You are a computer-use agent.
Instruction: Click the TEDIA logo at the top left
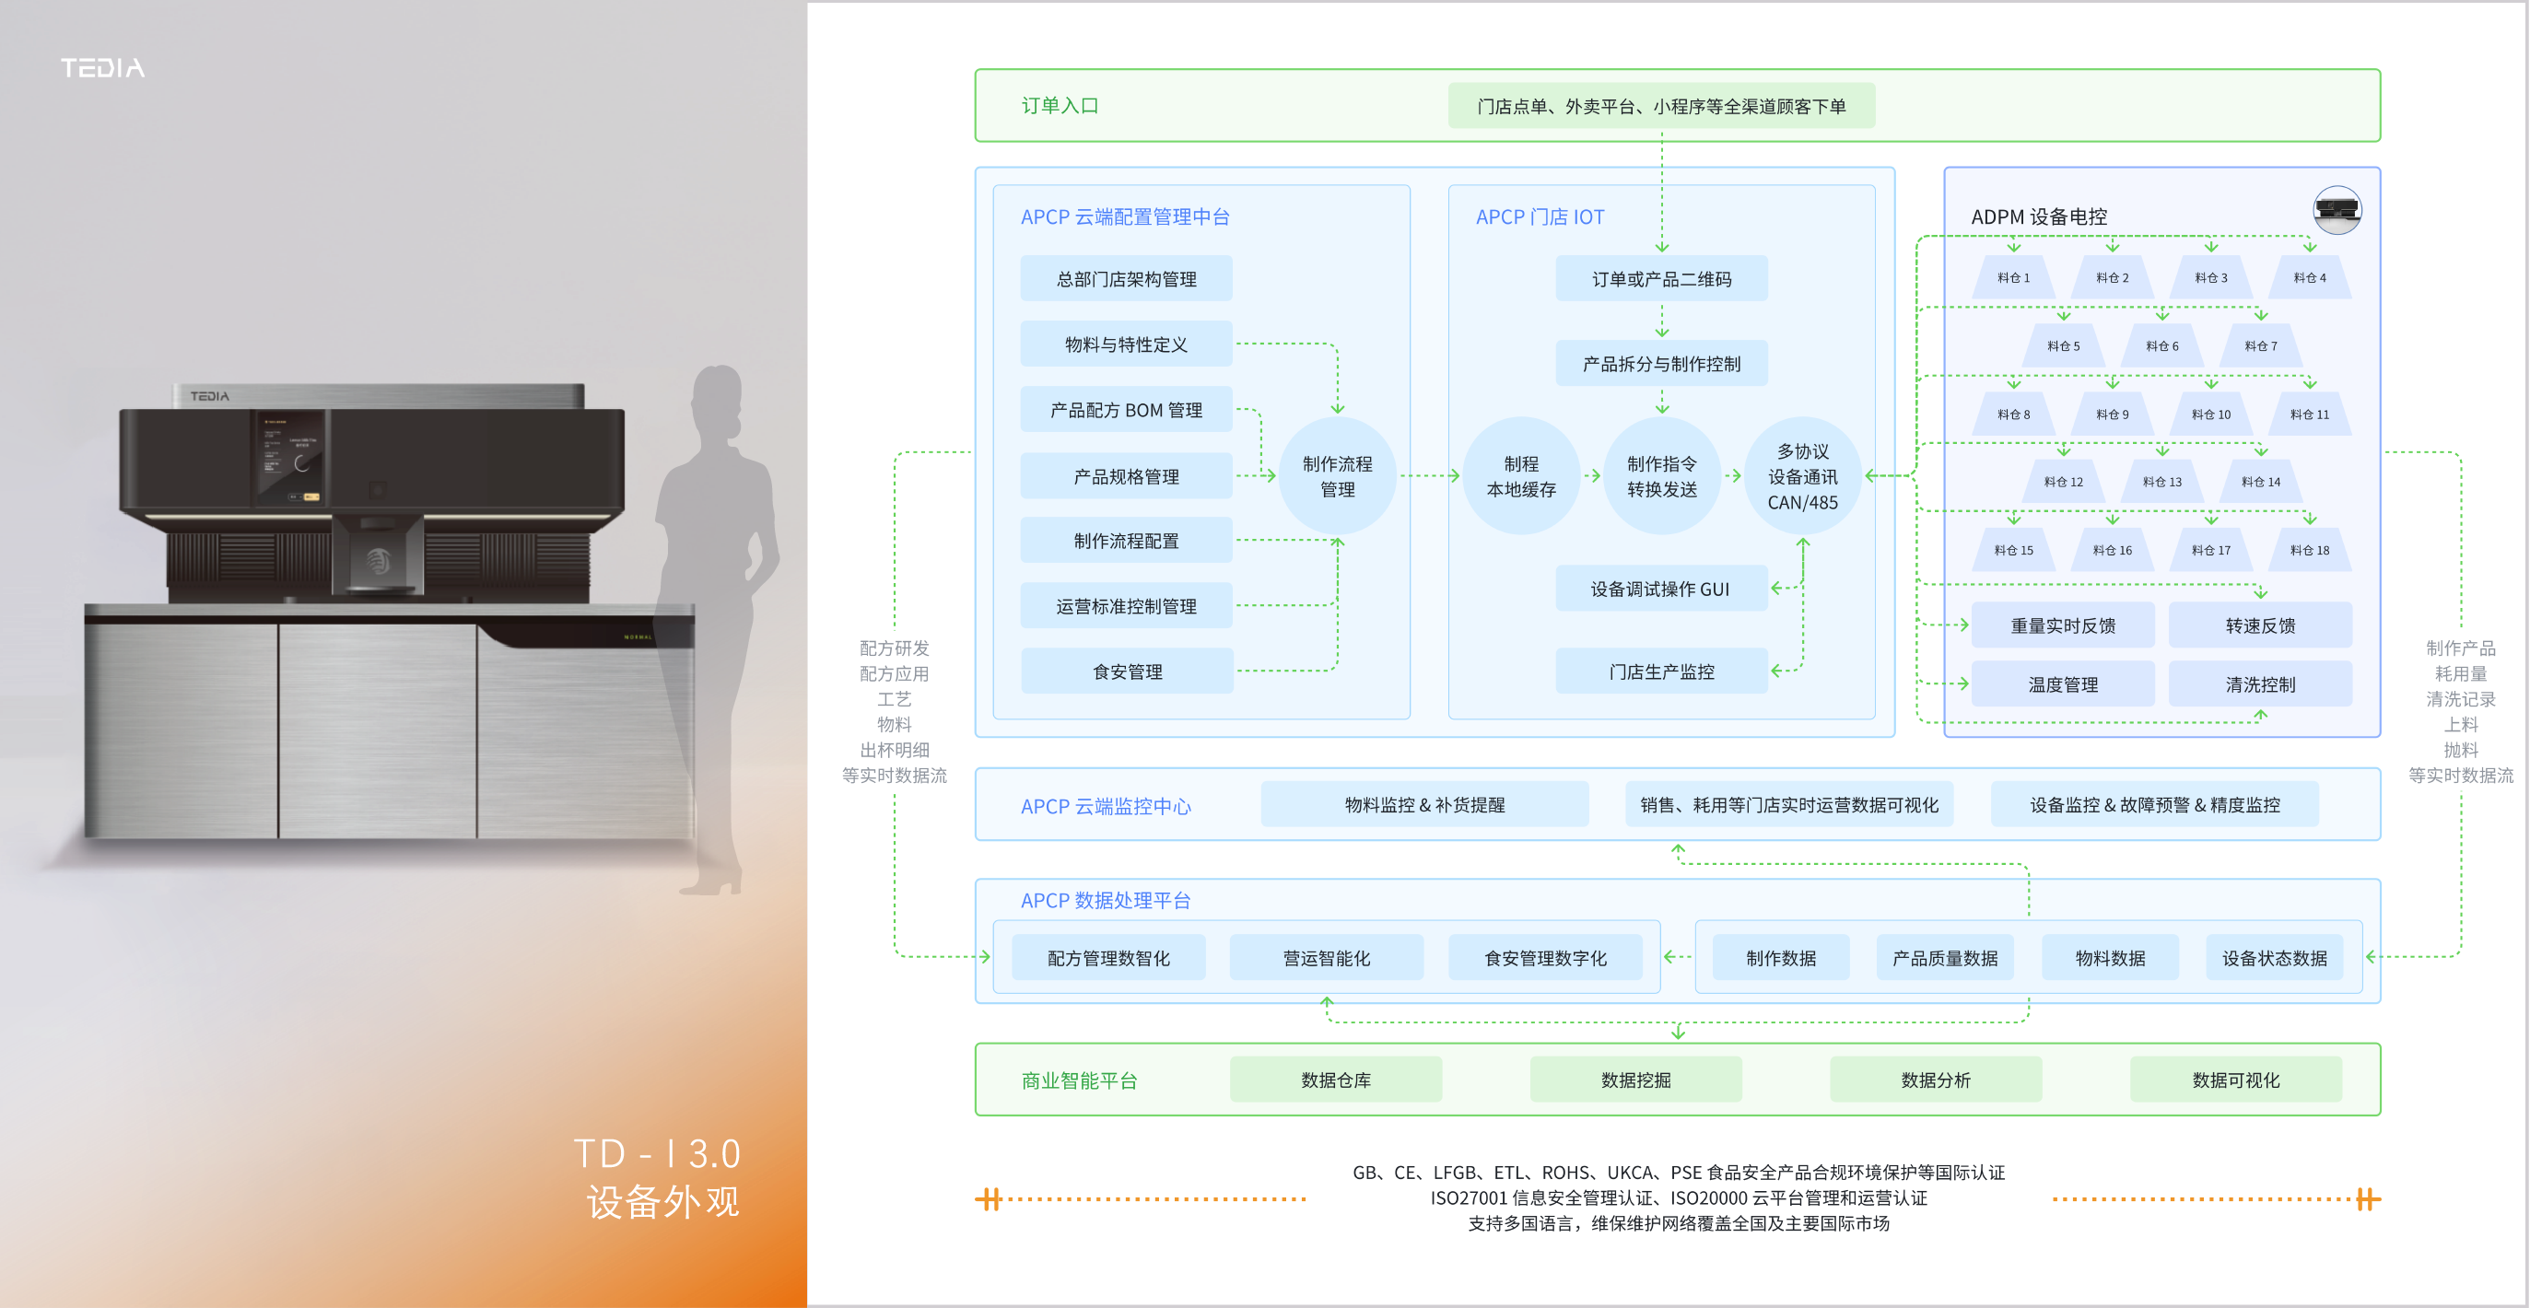(102, 68)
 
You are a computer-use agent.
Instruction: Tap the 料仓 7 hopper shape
(2260, 345)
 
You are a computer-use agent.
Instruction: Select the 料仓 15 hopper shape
(2012, 550)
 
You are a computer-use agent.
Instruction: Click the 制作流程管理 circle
(1337, 476)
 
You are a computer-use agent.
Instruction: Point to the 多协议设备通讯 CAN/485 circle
(1802, 476)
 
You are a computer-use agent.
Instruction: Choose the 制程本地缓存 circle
(1520, 476)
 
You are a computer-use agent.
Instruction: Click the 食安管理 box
(1127, 672)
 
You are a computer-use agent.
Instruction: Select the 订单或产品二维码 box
(1661, 279)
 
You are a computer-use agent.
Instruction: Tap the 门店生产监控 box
(1661, 672)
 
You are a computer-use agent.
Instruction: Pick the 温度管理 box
(2063, 684)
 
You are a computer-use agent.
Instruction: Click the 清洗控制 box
(2260, 684)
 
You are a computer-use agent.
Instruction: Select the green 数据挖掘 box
(1635, 1080)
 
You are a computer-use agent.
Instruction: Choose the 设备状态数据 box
(2274, 957)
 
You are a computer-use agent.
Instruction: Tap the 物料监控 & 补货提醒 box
(1424, 804)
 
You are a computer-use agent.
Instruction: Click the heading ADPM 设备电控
(2039, 217)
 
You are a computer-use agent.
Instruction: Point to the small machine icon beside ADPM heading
(2337, 209)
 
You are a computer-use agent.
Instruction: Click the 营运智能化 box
(1326, 957)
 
